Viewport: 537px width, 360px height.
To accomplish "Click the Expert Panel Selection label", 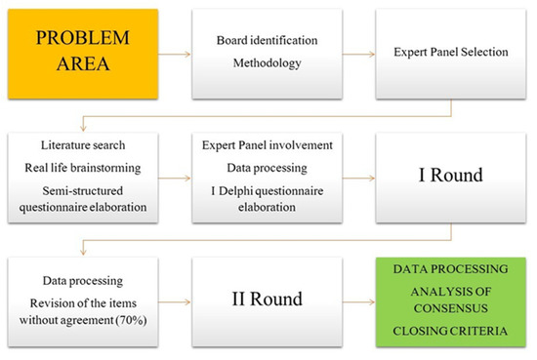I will click(x=453, y=50).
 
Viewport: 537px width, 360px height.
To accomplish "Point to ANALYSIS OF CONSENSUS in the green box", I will click(x=453, y=300).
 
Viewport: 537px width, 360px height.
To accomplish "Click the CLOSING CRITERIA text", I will click(x=453, y=332).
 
